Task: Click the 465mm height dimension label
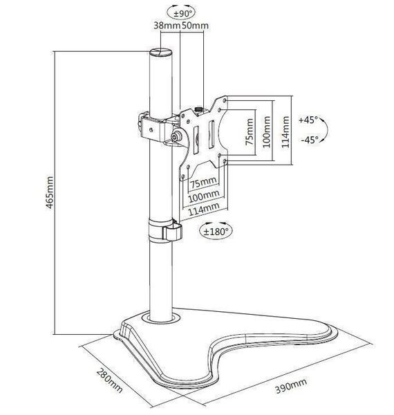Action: (x=50, y=192)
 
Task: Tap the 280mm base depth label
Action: (x=109, y=380)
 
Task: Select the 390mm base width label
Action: (x=291, y=386)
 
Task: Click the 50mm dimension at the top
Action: (x=195, y=26)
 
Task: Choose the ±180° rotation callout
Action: (x=216, y=231)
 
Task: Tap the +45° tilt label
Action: (x=308, y=120)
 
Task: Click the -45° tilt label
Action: (x=310, y=140)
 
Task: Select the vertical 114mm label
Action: (x=285, y=132)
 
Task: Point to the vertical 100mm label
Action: (x=267, y=132)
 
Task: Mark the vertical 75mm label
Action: (x=249, y=132)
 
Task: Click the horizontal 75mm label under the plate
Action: (x=204, y=183)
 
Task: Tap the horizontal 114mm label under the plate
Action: (x=204, y=208)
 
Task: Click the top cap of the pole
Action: (x=161, y=52)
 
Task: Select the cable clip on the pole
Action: (x=165, y=230)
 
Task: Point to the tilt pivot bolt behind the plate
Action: (x=175, y=136)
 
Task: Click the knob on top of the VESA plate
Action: (x=198, y=109)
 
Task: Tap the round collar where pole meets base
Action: (x=161, y=317)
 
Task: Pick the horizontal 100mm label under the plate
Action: (x=204, y=195)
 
